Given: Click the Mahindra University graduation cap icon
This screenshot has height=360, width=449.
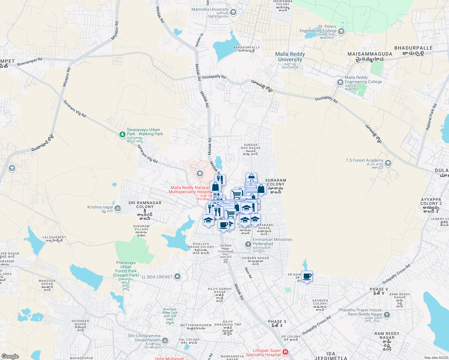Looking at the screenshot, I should click(234, 12).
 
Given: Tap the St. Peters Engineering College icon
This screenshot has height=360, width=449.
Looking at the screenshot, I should click(341, 31).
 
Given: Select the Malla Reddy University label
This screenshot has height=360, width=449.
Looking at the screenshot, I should click(290, 57).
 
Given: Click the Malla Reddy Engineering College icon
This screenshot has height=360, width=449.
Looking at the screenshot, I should click(340, 82).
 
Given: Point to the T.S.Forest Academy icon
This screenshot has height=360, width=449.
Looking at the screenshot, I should click(388, 163).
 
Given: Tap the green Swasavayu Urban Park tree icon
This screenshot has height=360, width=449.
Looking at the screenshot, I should click(122, 134).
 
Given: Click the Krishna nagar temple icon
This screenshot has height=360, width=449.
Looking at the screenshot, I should click(118, 208).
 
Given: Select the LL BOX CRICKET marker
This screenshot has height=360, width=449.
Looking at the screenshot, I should click(177, 277).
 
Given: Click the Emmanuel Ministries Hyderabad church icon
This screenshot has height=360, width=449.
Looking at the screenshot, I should click(248, 244).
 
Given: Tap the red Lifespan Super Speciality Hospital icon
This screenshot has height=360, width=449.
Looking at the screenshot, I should click(285, 352).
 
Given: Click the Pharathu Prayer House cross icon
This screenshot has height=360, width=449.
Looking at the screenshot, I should click(387, 315).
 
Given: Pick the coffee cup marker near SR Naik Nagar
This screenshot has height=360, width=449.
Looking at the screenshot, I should click(307, 276).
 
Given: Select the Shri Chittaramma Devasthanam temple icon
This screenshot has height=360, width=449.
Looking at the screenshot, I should click(165, 340).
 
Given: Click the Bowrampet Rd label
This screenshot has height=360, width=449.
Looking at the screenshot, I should click(30, 62).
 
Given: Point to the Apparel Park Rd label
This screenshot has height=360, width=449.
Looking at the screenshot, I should click(431, 117).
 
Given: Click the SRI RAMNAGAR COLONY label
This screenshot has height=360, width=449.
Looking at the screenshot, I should click(145, 205).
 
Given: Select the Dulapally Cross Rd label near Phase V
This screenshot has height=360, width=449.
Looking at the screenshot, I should click(396, 274).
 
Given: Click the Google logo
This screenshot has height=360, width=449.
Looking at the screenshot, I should click(10, 356).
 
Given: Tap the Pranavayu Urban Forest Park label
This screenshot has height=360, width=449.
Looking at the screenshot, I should click(126, 269).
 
